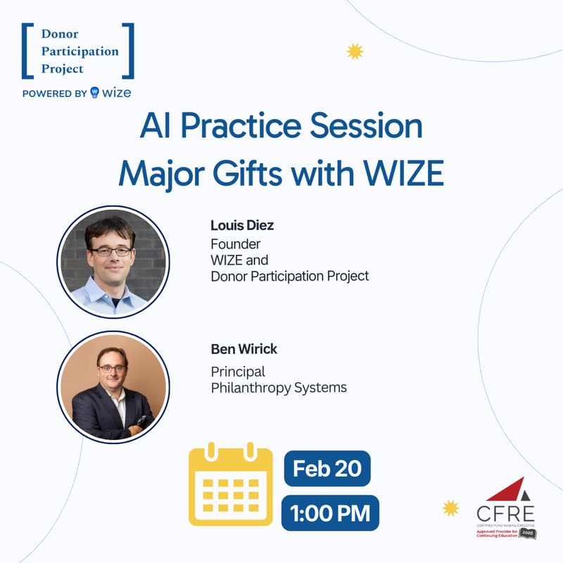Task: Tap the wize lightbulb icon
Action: (96, 93)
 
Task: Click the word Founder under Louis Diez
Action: (236, 243)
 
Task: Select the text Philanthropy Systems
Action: (279, 388)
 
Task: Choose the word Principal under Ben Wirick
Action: (238, 372)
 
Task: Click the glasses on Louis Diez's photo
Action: (110, 251)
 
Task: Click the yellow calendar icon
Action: (230, 485)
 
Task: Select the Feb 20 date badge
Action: (327, 468)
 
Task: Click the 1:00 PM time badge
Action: (329, 512)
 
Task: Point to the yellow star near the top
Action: (355, 51)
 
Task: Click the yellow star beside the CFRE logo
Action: (450, 507)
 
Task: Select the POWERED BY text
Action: (55, 93)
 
